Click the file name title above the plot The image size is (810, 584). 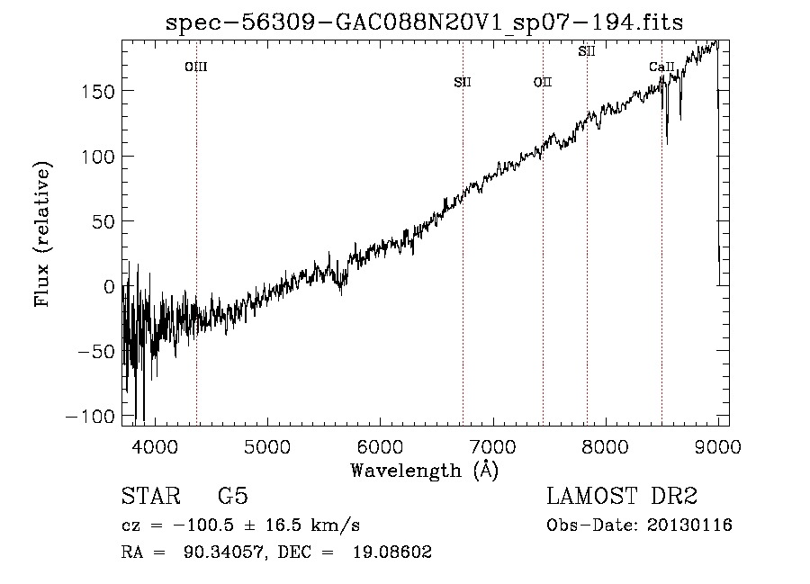tap(424, 23)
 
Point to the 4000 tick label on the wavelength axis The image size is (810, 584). tap(155, 446)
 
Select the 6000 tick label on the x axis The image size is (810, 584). tap(380, 446)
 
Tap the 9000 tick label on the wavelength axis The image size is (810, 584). tap(718, 446)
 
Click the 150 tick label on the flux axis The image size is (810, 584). tap(98, 92)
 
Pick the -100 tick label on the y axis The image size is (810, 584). tap(90, 417)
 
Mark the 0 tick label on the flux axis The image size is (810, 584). tap(109, 286)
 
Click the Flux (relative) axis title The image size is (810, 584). tap(42, 233)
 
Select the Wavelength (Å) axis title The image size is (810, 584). tap(425, 471)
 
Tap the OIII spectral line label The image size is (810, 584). tap(196, 67)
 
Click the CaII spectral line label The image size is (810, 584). tap(661, 67)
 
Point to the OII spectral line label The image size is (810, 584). tap(543, 82)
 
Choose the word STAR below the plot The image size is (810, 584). tap(151, 496)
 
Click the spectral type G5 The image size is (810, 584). tap(233, 496)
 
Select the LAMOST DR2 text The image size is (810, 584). tap(622, 496)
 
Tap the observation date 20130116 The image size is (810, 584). tap(689, 526)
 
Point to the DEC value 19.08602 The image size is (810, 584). tap(392, 553)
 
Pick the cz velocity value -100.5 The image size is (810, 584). tap(204, 526)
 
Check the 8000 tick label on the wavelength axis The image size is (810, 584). tap(606, 446)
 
